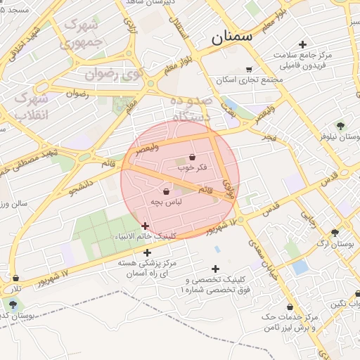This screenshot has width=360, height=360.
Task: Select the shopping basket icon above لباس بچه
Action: [x=166, y=191]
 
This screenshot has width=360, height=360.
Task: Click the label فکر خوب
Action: [x=193, y=167]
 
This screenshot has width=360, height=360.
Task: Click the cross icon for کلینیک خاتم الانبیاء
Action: [x=145, y=226]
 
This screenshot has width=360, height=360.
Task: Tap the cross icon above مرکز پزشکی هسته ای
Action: [x=147, y=252]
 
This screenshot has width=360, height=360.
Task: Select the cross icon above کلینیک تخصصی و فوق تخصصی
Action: [x=215, y=269]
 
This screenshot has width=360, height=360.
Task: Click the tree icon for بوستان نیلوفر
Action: [x=340, y=127]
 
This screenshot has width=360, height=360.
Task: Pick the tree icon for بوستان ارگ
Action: [x=334, y=233]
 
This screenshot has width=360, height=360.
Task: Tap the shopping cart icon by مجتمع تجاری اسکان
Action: [x=249, y=69]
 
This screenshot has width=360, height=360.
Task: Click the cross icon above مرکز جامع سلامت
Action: [x=302, y=44]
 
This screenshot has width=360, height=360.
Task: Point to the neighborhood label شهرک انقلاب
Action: [x=31, y=105]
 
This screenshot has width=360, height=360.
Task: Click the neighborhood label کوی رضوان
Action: [x=112, y=73]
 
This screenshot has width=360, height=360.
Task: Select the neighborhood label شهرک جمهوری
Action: [x=82, y=33]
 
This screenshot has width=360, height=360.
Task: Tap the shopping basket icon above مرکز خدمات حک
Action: [x=290, y=307]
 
